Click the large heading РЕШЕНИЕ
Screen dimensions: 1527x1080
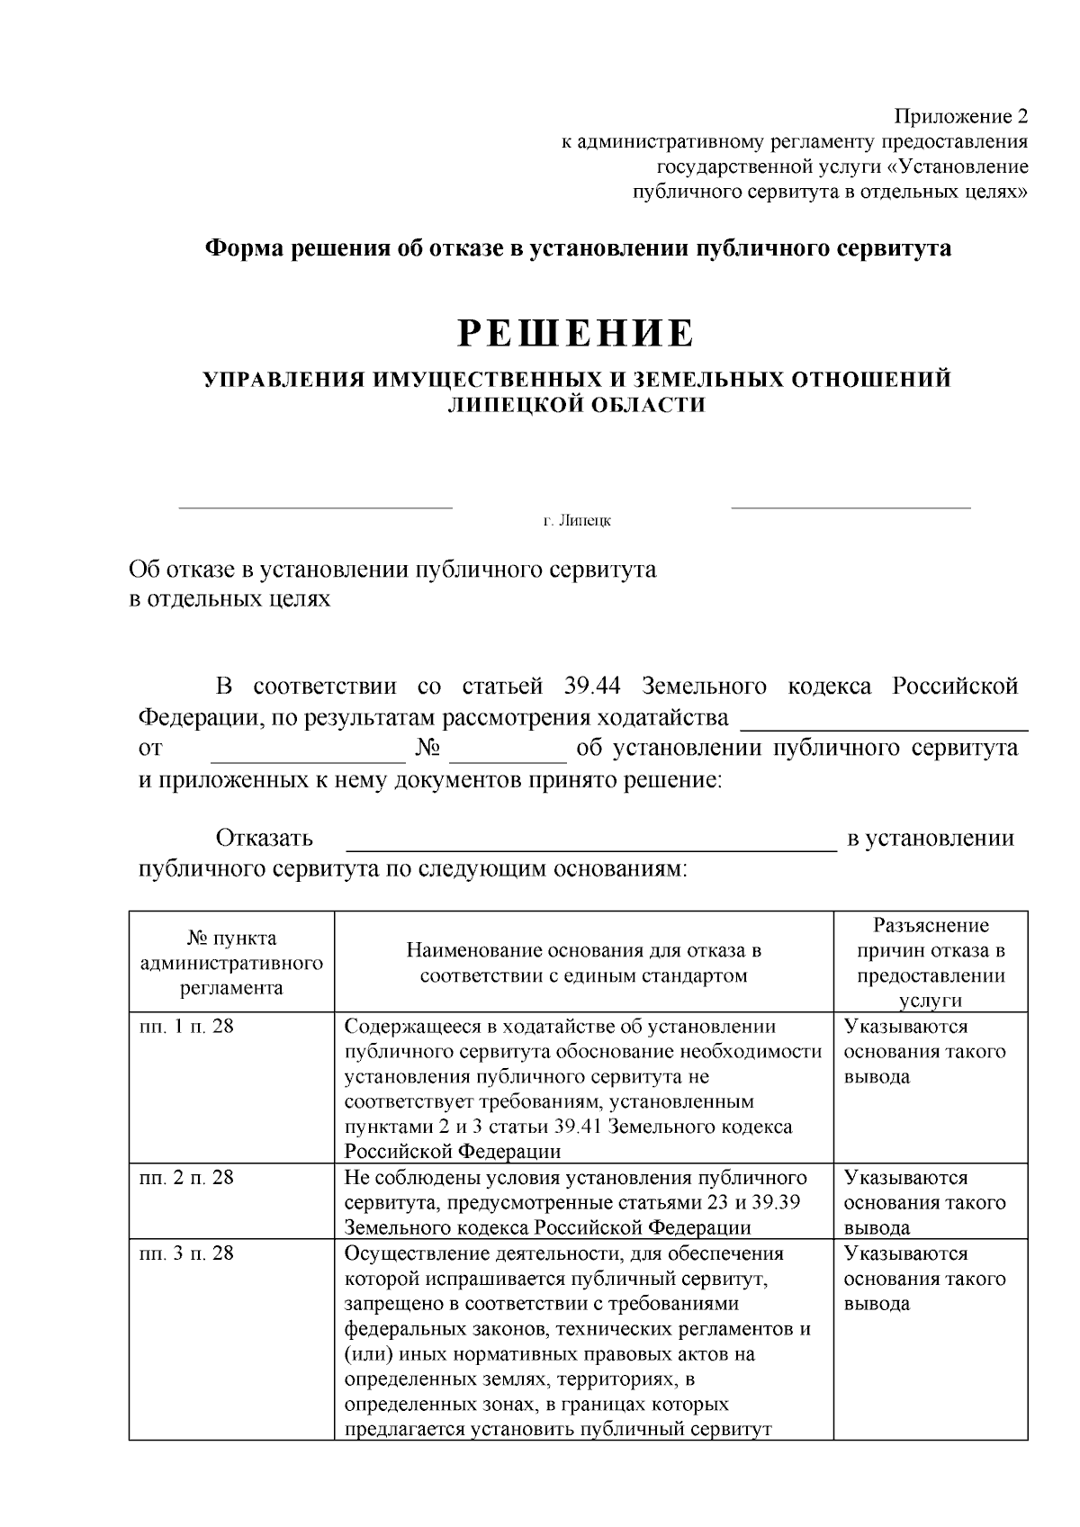pyautogui.click(x=577, y=334)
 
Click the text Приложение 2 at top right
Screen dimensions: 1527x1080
pyautogui.click(x=959, y=117)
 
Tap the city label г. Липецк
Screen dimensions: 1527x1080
pyautogui.click(x=577, y=521)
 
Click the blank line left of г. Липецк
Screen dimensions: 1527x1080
pyautogui.click(x=315, y=508)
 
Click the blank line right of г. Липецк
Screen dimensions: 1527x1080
pyautogui.click(x=850, y=508)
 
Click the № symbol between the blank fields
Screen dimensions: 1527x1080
pyautogui.click(x=428, y=748)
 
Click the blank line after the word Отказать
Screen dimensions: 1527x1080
pyautogui.click(x=591, y=847)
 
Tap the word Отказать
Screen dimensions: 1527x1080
pyautogui.click(x=264, y=839)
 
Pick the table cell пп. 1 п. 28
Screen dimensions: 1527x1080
pyautogui.click(x=186, y=1027)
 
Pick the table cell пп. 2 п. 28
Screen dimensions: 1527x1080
pyautogui.click(x=186, y=1178)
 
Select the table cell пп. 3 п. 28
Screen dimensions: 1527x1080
pyautogui.click(x=186, y=1253)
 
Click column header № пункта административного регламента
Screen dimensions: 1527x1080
pyautogui.click(x=231, y=963)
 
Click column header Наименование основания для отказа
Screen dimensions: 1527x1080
pyautogui.click(x=583, y=963)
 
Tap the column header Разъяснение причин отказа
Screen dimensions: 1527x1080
pyautogui.click(x=931, y=963)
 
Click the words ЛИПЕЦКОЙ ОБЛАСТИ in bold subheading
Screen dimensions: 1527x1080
pyautogui.click(x=577, y=406)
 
